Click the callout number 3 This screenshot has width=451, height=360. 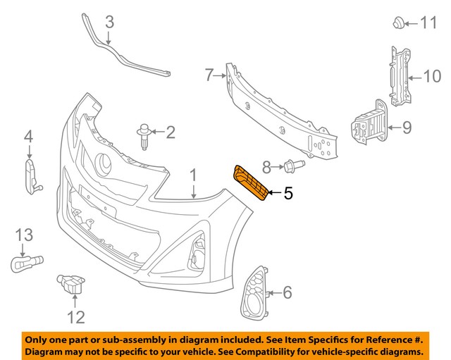[x=109, y=23]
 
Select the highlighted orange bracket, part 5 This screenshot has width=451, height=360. [x=250, y=181]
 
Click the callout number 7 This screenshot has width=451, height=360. [x=209, y=74]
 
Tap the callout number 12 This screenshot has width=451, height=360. [x=75, y=317]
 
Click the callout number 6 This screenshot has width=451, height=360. [x=287, y=291]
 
